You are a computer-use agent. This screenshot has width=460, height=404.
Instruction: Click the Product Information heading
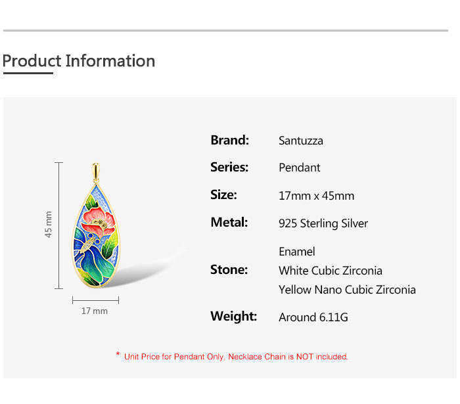point(79,61)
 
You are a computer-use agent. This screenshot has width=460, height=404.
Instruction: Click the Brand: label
point(230,140)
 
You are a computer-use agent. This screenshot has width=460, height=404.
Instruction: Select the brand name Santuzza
point(301,141)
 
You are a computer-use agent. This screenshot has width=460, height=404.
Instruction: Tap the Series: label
point(229,167)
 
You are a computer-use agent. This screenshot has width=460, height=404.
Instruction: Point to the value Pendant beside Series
point(299,168)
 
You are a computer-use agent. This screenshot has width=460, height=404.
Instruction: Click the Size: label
point(223,194)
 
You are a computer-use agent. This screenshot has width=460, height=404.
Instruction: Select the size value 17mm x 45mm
point(316,196)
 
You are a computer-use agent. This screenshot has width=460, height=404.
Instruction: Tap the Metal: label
point(229,222)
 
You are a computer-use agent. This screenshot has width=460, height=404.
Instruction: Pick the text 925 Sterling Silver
point(323,223)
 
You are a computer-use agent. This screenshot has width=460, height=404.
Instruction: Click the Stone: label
point(229,270)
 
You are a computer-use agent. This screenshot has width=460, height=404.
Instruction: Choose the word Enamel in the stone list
point(296,252)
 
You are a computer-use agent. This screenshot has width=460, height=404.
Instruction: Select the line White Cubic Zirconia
point(331,271)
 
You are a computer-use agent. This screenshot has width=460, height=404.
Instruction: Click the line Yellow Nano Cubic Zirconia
point(347,290)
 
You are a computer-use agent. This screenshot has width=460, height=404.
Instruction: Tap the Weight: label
point(233,317)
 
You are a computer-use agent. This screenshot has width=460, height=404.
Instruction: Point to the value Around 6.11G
point(313,317)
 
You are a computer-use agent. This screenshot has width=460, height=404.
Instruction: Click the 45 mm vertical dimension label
point(49,225)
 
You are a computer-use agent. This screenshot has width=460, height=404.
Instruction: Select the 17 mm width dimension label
point(95,311)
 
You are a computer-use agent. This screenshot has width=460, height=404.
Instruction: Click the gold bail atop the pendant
point(96,172)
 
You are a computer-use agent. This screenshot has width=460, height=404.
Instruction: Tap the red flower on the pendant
point(98,221)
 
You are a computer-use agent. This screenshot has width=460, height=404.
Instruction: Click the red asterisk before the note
point(118,354)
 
